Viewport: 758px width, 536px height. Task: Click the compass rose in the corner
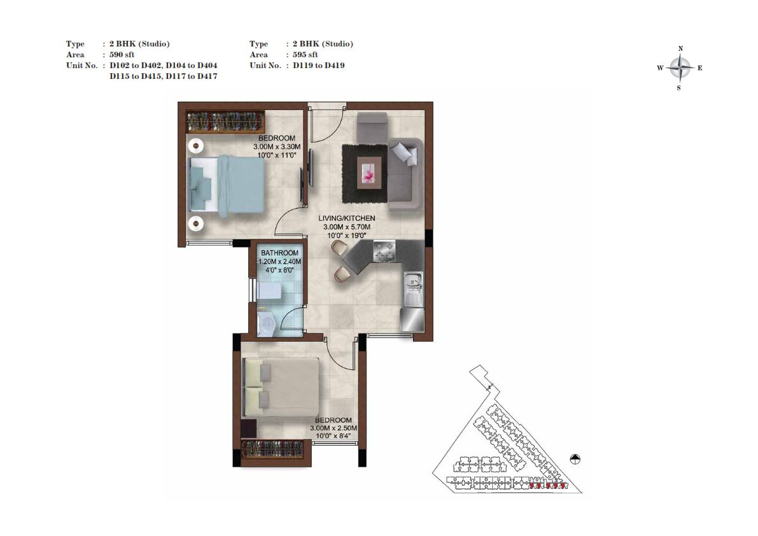680,68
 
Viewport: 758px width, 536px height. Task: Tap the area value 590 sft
122,55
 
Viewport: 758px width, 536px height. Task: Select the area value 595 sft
305,55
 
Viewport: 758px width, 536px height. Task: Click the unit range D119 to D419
319,65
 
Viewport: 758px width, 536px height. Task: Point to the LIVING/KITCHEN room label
347,218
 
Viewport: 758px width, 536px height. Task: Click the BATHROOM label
279,253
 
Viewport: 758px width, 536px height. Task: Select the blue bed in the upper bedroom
227,184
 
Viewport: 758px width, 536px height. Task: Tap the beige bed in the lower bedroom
281,387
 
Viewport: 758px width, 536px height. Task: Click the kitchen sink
413,289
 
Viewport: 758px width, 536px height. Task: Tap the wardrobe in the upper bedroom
226,122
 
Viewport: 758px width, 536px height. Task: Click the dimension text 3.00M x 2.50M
333,428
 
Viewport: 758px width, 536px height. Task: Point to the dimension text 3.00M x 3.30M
277,147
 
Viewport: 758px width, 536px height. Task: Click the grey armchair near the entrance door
372,127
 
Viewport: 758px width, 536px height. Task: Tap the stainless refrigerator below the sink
412,320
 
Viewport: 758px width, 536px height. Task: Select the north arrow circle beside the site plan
575,459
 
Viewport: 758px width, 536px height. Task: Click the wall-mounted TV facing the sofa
311,167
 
